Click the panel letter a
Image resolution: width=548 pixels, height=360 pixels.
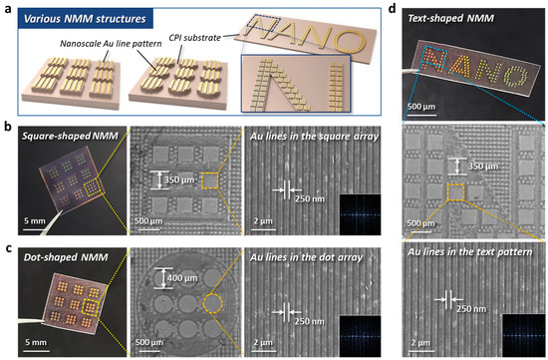(x=7, y=9)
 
